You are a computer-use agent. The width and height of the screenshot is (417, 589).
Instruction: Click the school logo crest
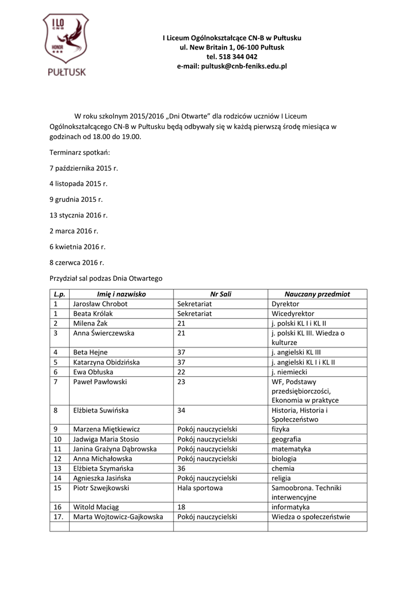[65, 45]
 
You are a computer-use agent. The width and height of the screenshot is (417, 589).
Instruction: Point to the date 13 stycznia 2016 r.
[79, 215]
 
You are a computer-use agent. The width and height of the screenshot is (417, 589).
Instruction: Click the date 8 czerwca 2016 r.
[77, 262]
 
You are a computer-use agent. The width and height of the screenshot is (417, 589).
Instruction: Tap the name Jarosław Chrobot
[100, 304]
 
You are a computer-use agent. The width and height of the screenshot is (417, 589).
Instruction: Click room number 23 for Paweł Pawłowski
[181, 381]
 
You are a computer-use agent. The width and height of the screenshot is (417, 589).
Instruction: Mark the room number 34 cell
[181, 411]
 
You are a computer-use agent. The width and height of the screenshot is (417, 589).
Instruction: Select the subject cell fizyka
[281, 429]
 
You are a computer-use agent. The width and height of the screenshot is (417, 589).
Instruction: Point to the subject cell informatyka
[290, 507]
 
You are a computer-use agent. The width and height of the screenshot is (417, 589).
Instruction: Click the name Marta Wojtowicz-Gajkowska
[118, 517]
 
